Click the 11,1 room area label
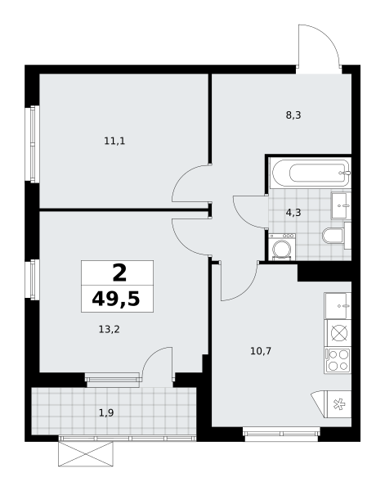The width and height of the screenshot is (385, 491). [x=114, y=142]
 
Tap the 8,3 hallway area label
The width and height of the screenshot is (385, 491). [x=293, y=115]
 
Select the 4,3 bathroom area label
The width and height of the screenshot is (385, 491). [x=293, y=213]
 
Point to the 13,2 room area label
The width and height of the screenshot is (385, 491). [x=110, y=330]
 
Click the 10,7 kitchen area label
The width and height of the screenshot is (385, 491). [x=261, y=351]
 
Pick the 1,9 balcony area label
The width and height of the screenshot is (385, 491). [x=106, y=413]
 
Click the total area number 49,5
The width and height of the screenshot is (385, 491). [x=116, y=300]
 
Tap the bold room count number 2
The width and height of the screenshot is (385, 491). [x=119, y=273]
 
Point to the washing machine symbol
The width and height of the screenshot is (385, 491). [x=282, y=246]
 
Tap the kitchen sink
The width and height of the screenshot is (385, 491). [x=338, y=306]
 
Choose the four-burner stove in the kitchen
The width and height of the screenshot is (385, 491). [x=338, y=360]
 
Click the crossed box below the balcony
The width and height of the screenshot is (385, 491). [x=86, y=454]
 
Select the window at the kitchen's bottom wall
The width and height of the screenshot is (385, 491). [x=282, y=434]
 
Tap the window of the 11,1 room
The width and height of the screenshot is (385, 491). [x=34, y=144]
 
